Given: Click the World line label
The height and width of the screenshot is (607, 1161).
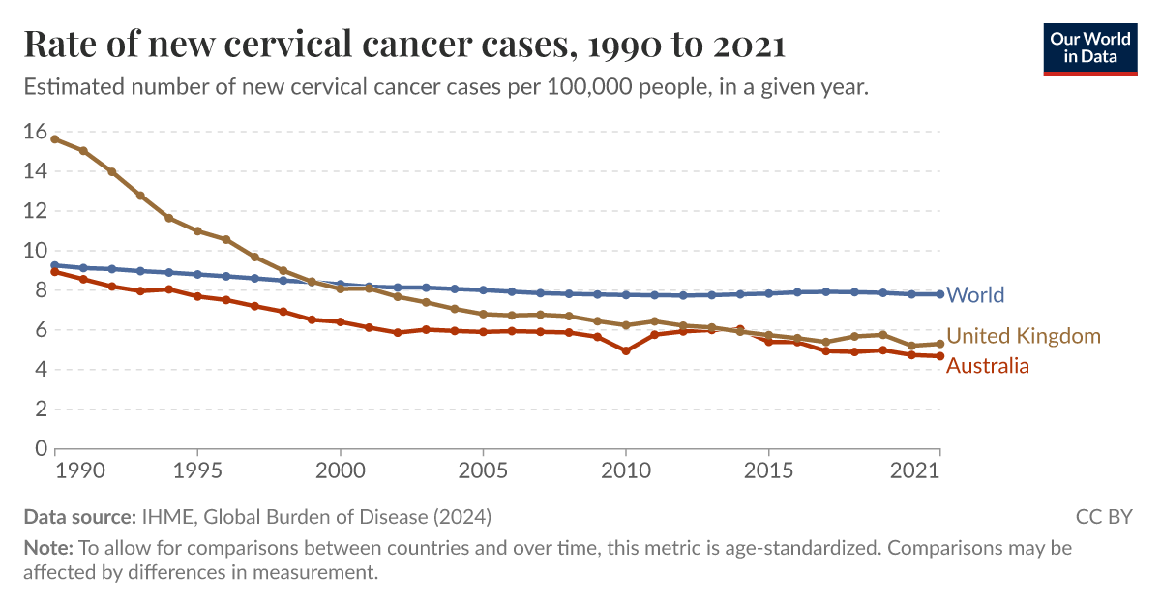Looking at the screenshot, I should (975, 295).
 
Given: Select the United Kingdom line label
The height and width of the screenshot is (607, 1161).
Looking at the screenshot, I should (1024, 336).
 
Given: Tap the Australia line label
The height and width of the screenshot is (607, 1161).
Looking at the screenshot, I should (987, 366).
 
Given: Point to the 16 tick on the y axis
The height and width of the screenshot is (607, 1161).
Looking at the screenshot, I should (35, 132).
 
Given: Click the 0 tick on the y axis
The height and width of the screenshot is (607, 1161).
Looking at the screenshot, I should (41, 449).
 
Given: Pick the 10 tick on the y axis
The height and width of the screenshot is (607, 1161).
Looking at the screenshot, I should (35, 251).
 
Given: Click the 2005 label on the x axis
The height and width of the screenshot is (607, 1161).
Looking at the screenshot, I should (483, 470).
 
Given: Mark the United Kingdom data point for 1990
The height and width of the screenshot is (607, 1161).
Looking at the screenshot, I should (55, 139).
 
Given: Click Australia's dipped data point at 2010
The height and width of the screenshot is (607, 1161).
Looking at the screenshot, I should (626, 350).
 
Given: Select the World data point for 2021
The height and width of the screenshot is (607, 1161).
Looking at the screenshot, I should (939, 294).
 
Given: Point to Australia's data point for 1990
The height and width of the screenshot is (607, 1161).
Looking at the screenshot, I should (55, 272).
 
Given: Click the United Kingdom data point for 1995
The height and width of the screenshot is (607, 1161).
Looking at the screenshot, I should (197, 231).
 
